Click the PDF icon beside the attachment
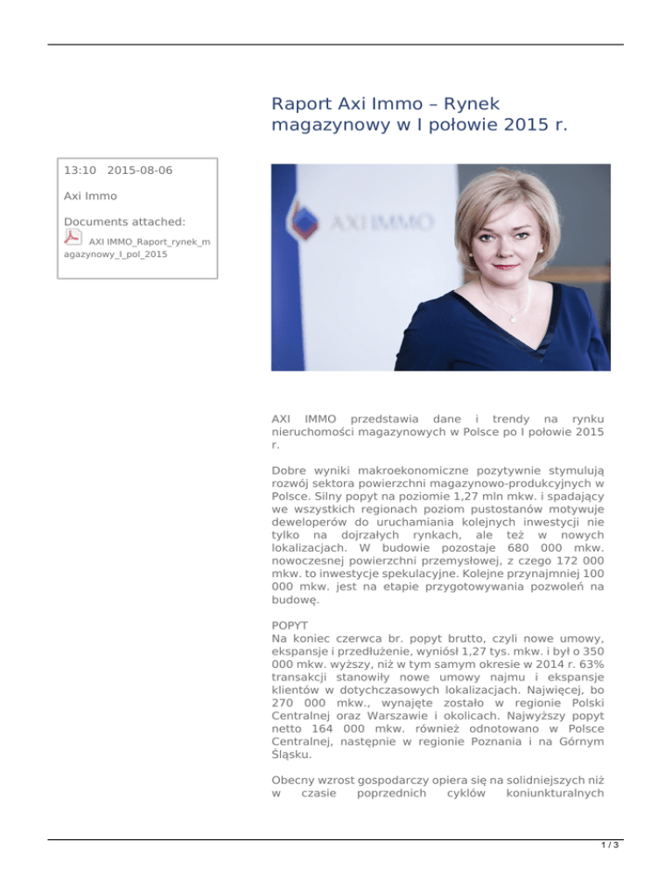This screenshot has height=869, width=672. [x=73, y=239]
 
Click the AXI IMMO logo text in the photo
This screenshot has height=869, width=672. [x=381, y=223]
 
